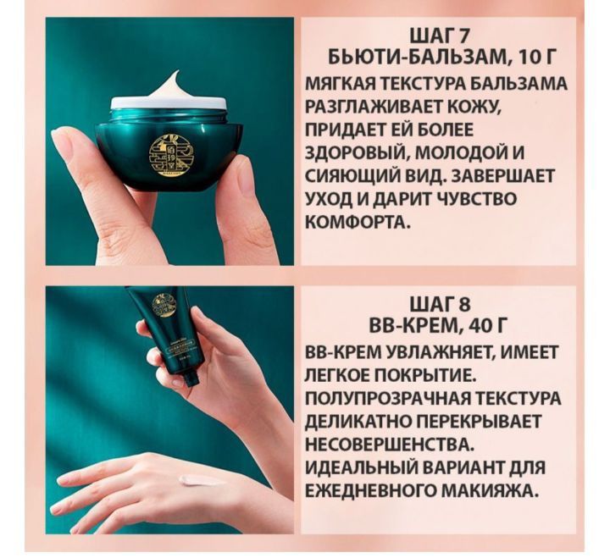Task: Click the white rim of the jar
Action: click(x=169, y=102)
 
